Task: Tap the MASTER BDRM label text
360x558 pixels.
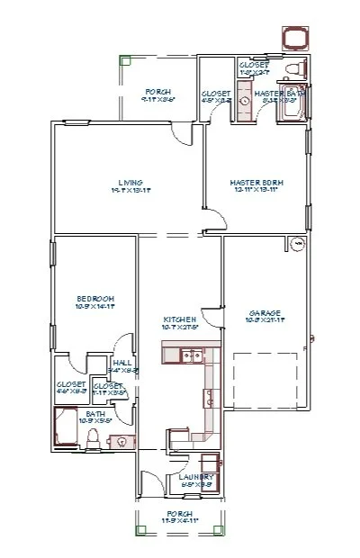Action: (x=256, y=183)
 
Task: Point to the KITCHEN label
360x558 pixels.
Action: (x=174, y=319)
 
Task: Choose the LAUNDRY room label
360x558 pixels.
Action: (x=195, y=477)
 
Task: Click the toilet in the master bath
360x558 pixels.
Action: (x=290, y=69)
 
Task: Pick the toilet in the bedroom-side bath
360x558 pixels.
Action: (x=93, y=438)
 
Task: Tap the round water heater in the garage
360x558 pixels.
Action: (x=296, y=243)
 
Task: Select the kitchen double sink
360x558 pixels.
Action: (x=190, y=357)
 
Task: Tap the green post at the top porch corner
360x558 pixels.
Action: (x=124, y=61)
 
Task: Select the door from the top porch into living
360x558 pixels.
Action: (x=183, y=135)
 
